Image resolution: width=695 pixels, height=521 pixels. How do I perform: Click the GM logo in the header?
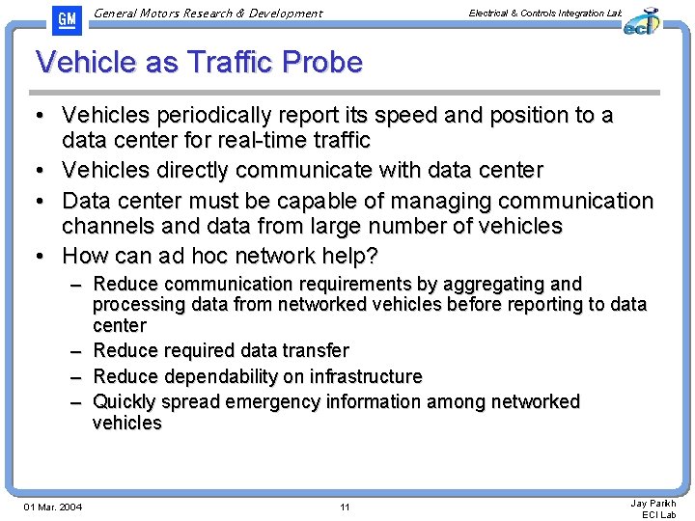pyautogui.click(x=66, y=19)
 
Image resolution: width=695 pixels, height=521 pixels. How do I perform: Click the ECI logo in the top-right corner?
pyautogui.click(x=641, y=20)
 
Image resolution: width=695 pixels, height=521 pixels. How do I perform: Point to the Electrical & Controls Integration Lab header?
pyautogui.click(x=544, y=13)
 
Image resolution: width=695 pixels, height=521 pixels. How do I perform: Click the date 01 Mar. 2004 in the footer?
pyautogui.click(x=53, y=507)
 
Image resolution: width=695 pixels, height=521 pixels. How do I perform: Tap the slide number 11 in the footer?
pyautogui.click(x=346, y=507)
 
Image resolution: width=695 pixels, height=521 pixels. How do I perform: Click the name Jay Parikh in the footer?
pyautogui.click(x=653, y=503)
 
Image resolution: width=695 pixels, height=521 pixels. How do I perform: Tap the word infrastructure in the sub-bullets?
pyautogui.click(x=356, y=376)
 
